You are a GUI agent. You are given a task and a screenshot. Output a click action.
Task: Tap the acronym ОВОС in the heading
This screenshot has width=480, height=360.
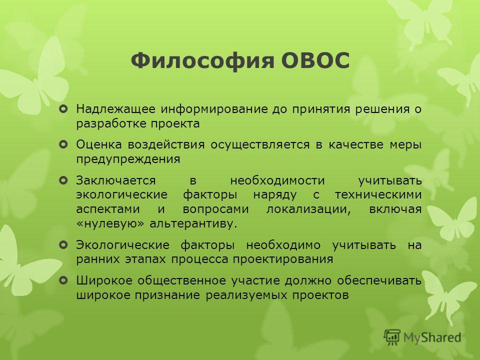(315, 60)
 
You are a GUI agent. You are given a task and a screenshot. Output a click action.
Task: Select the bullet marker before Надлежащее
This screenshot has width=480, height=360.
(63, 108)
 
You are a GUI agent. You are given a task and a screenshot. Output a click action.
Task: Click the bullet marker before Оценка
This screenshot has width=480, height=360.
(63, 144)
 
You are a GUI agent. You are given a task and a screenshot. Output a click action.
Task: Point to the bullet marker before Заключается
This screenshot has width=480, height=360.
(63, 180)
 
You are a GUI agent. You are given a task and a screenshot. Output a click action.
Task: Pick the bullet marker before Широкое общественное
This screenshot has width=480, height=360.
(63, 280)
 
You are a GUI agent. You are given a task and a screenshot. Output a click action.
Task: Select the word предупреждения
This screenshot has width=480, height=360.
(128, 159)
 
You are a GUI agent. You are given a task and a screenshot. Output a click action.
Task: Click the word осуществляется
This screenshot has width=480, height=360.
(260, 144)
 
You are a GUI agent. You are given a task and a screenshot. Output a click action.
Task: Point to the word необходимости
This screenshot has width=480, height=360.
(277, 180)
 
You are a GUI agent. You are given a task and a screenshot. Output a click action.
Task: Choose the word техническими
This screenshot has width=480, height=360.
(378, 194)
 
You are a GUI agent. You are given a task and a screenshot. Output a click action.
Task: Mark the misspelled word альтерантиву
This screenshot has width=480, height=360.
(193, 224)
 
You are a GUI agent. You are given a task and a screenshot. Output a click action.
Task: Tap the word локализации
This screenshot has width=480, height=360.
(308, 209)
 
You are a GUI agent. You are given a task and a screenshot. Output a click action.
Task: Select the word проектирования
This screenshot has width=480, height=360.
(282, 259)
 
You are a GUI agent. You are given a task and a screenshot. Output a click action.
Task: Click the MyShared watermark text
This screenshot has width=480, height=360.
(432, 337)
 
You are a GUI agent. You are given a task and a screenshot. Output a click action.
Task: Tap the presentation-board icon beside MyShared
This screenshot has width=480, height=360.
(392, 337)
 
